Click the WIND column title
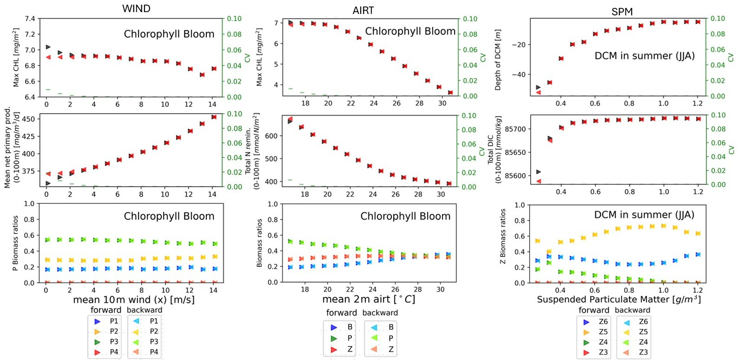click(136, 9)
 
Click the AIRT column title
click(363, 10)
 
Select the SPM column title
click(622, 12)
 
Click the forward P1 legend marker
click(97, 321)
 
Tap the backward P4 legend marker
click(136, 352)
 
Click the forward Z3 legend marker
click(586, 352)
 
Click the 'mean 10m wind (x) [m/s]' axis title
click(134, 300)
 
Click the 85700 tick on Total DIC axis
click(514, 129)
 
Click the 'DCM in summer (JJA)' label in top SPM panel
click(644, 56)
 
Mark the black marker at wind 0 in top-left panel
click(48, 47)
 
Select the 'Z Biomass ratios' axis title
click(503, 241)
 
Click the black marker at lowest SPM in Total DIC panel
click(538, 172)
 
